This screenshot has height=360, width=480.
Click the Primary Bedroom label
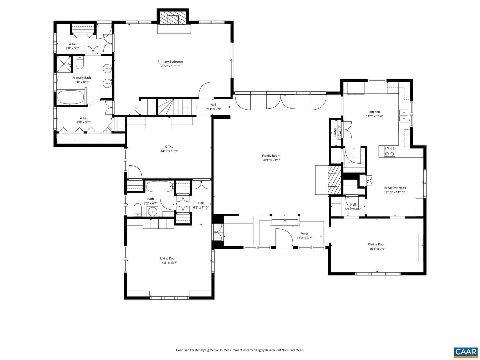[x=170, y=62]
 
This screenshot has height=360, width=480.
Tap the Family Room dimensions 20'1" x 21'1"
[x=271, y=160]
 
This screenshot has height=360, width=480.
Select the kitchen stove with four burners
[x=389, y=151]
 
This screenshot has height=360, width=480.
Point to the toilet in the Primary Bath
[x=80, y=62]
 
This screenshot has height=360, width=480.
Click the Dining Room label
[x=377, y=244]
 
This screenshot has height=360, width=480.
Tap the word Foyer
[x=304, y=233]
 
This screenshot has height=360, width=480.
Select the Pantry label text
[x=335, y=133]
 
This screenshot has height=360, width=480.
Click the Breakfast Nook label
[x=395, y=188]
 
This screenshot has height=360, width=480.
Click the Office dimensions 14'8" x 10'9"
[x=169, y=151]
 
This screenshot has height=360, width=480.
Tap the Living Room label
[x=169, y=258]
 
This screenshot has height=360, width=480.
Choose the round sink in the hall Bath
[x=152, y=211]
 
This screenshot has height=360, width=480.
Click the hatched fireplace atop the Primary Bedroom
[x=173, y=17]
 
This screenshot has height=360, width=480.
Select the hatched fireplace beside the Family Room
[x=334, y=180]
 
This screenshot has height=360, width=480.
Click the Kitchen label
[x=375, y=112]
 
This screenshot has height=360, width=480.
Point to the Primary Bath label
[x=82, y=78]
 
